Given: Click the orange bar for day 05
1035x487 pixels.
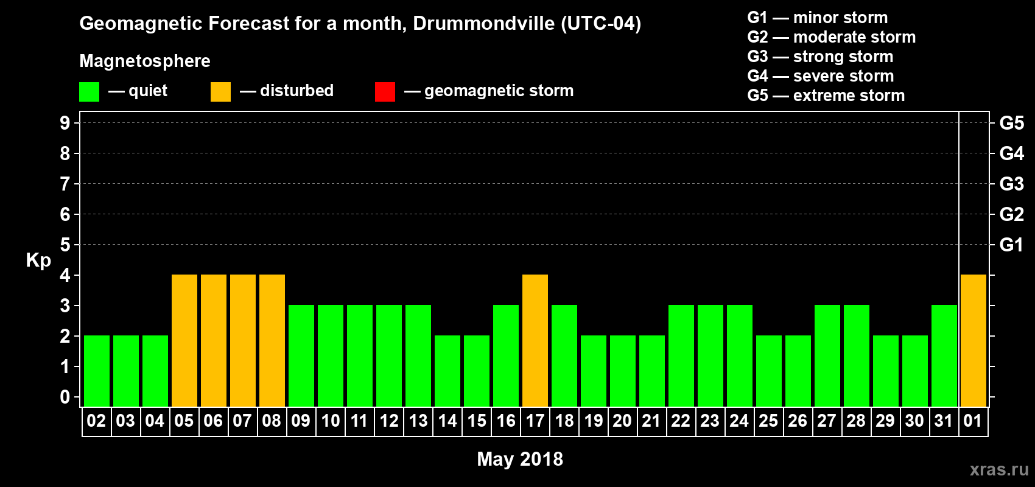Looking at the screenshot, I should pyautogui.click(x=184, y=340).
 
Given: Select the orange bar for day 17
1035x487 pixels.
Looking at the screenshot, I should pyautogui.click(x=535, y=340).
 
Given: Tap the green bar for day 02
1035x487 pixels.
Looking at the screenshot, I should pyautogui.click(x=97, y=371).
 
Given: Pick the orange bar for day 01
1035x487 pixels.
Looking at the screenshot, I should pyautogui.click(x=974, y=340).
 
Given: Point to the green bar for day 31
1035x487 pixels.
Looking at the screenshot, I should pyautogui.click(x=944, y=356).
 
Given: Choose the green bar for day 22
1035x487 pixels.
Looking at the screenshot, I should pyautogui.click(x=681, y=356).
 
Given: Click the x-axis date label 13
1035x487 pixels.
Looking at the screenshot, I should pyautogui.click(x=418, y=421).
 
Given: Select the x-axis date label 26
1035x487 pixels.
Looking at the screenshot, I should pyautogui.click(x=798, y=421).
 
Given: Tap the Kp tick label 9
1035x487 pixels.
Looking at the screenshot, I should pyautogui.click(x=65, y=123).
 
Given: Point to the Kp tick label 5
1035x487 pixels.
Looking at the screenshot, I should pyautogui.click(x=65, y=245).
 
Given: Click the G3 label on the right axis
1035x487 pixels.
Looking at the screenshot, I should pyautogui.click(x=1011, y=184).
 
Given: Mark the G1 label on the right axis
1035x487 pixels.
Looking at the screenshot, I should pyautogui.click(x=1011, y=245).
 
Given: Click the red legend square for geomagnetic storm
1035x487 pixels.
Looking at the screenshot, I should pyautogui.click(x=385, y=92).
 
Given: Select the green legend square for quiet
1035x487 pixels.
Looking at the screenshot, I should pyautogui.click(x=89, y=92).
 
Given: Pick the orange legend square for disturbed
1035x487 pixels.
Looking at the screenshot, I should pyautogui.click(x=220, y=92).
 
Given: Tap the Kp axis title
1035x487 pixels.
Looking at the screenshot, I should pyautogui.click(x=38, y=261).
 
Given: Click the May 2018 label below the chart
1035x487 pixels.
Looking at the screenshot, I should pyautogui.click(x=520, y=459).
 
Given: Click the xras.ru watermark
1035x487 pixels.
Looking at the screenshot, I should pyautogui.click(x=999, y=469).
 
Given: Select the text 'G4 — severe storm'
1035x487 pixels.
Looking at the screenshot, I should pyautogui.click(x=821, y=76).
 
